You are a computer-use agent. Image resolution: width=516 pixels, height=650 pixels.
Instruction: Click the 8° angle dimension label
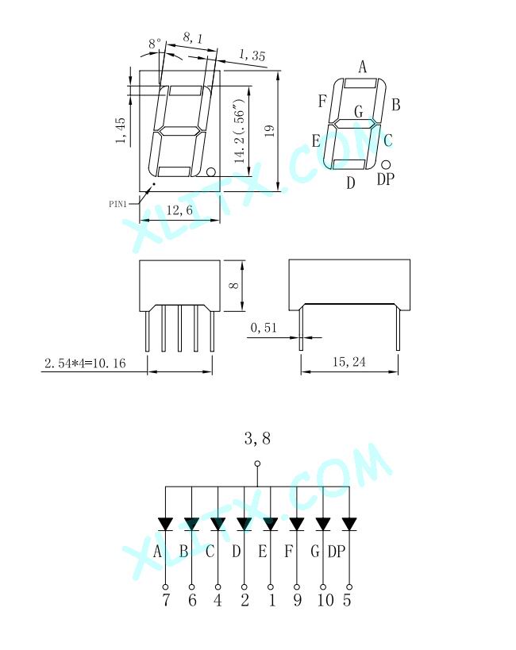click(155, 43)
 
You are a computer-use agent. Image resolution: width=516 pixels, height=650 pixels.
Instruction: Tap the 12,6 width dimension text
click(179, 210)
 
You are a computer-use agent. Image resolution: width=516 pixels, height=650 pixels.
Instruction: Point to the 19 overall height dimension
click(270, 131)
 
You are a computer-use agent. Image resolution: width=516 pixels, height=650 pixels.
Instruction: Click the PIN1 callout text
click(117, 204)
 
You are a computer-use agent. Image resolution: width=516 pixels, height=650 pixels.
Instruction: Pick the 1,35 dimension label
click(252, 55)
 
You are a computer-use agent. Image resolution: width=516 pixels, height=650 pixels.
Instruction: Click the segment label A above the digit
click(363, 67)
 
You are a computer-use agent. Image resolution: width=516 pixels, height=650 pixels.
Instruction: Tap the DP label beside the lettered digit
click(385, 179)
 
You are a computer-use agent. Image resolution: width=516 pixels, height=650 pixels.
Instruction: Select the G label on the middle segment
click(359, 111)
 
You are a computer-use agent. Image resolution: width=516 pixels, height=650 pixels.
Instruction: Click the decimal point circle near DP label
click(386, 165)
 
